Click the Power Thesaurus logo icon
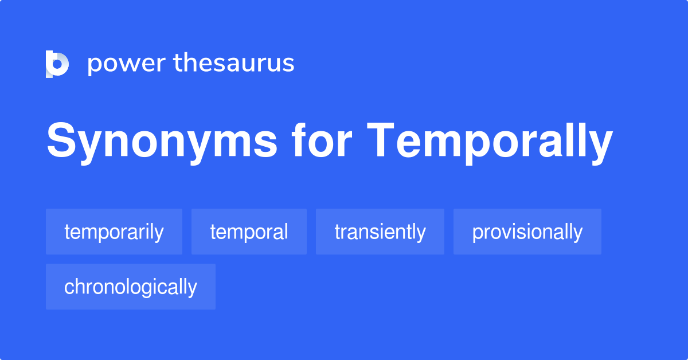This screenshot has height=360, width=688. tap(57, 64)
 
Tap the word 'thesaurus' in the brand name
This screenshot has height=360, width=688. tap(234, 63)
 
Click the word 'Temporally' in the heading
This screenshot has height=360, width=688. tap(490, 141)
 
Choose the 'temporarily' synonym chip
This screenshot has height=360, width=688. tap(114, 232)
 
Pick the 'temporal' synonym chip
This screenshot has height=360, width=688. tap(249, 232)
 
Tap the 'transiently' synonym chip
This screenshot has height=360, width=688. tap(380, 232)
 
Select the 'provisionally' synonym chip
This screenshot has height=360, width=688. tap(527, 232)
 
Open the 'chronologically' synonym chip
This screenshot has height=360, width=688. tap(131, 287)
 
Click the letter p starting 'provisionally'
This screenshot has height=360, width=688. tap(477, 234)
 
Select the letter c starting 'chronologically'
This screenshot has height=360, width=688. tap(68, 287)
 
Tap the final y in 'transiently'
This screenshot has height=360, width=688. tap(421, 234)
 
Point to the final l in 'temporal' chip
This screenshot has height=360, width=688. tap(286, 232)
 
